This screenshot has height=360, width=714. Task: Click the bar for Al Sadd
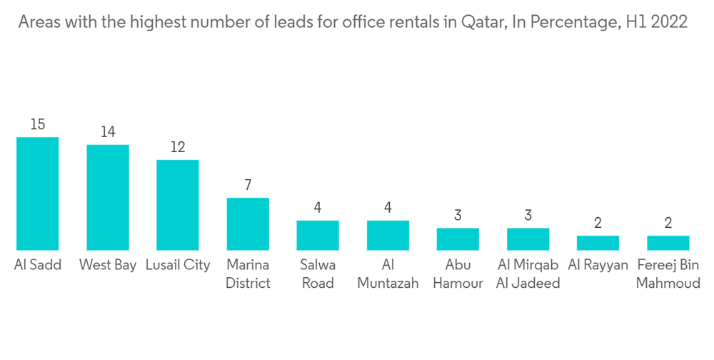click(37, 193)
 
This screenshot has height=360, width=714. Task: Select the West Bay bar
click(108, 197)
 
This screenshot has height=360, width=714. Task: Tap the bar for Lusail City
click(178, 204)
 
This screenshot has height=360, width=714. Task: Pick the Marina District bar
click(248, 224)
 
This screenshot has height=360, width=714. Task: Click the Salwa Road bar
click(318, 235)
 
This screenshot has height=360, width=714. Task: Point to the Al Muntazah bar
click(388, 235)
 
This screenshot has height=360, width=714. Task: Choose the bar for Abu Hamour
click(458, 239)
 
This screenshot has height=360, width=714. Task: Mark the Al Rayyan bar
click(598, 242)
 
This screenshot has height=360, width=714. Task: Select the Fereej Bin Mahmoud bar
click(668, 242)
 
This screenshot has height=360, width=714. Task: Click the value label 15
click(37, 125)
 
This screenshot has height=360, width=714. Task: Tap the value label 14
click(108, 132)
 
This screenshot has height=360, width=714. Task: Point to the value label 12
click(178, 147)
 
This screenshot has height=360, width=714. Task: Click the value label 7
click(248, 185)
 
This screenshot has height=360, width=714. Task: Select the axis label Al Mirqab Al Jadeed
click(528, 274)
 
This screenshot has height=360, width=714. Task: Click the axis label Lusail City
click(178, 265)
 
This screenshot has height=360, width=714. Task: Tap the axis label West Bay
click(108, 265)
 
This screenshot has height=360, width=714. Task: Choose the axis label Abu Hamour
click(458, 274)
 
